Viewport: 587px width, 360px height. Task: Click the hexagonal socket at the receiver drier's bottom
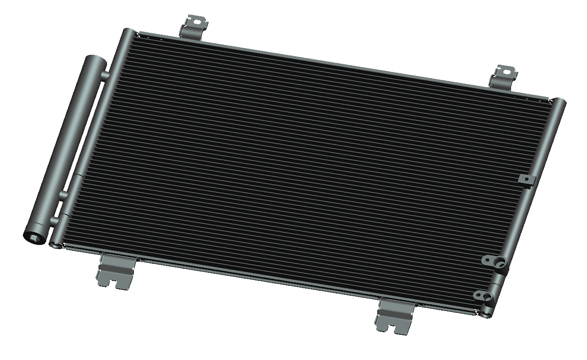(34, 236)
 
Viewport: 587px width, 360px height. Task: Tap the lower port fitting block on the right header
(485, 295)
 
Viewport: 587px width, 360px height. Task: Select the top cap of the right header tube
(559, 103)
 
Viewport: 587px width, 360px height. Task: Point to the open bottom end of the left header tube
(55, 244)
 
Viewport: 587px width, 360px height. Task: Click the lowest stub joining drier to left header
(54, 222)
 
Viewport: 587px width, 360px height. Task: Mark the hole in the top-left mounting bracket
(197, 20)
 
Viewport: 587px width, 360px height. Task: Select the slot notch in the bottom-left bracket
(120, 282)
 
